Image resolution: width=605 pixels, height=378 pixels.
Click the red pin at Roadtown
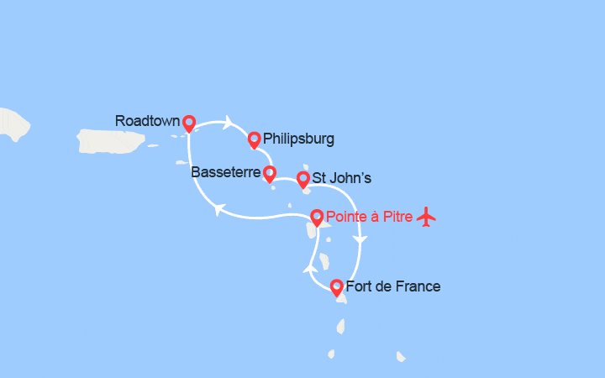click(188, 123)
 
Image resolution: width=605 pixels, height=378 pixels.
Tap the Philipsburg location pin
click(253, 139)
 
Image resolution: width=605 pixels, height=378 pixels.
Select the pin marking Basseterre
click(269, 174)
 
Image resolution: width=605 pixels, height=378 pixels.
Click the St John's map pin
click(302, 178)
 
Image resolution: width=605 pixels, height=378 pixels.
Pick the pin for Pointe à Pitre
click(316, 218)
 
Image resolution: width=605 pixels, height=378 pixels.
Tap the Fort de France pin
click(336, 287)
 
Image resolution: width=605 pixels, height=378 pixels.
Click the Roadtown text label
click(147, 121)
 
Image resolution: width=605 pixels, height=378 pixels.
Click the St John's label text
click(341, 178)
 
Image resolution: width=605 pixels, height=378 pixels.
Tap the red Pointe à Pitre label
click(369, 217)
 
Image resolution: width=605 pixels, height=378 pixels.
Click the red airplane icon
click(427, 217)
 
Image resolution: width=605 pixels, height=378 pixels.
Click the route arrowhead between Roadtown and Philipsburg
click(228, 123)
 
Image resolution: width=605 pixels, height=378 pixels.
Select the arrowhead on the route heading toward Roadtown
click(218, 209)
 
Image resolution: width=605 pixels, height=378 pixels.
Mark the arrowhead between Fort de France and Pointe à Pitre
click(308, 268)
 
